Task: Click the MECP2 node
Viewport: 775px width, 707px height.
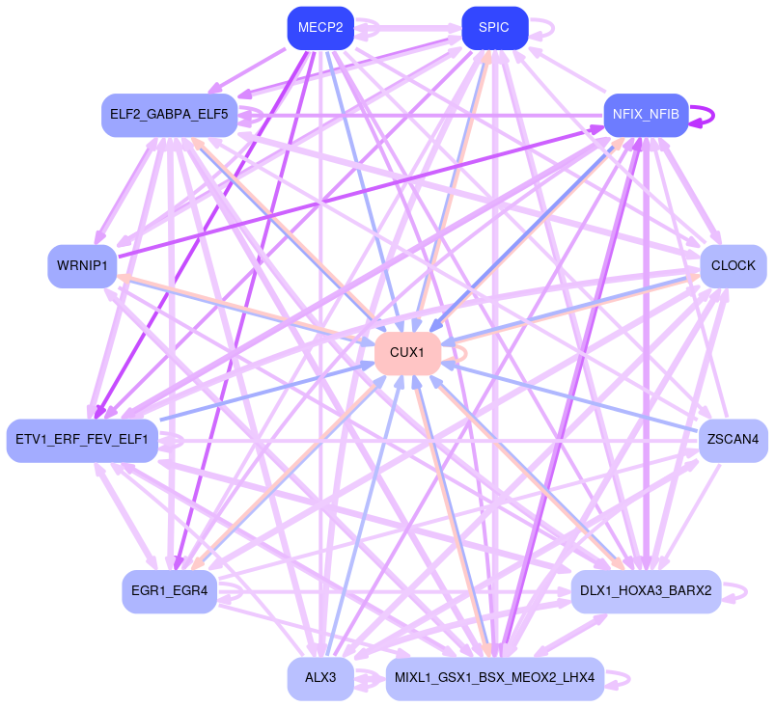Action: [320, 27]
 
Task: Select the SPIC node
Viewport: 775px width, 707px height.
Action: [494, 27]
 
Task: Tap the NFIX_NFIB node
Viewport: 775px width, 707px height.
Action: [646, 115]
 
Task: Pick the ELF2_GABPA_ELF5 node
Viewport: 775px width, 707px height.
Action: [169, 115]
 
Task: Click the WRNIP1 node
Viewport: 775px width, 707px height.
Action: [82, 266]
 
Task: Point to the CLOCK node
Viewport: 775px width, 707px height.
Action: [733, 266]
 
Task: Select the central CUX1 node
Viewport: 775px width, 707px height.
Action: [407, 353]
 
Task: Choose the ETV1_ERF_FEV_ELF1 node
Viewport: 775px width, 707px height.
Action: [82, 441]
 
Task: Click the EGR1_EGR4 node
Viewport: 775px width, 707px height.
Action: [169, 591]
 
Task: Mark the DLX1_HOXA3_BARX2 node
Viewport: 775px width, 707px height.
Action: [646, 591]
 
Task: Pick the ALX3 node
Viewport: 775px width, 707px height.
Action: [320, 679]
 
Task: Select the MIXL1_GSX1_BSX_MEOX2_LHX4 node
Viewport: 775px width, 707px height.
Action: [494, 679]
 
